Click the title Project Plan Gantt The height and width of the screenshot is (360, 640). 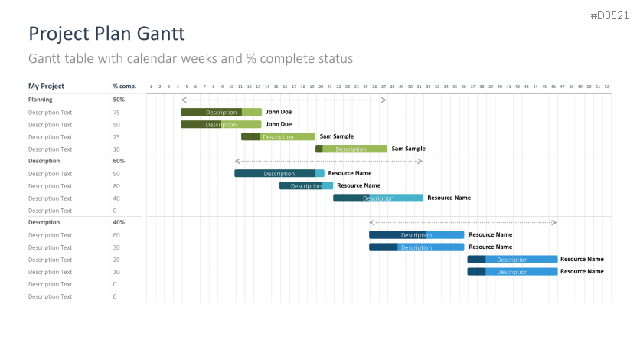click(x=106, y=34)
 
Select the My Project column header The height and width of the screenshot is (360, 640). click(x=47, y=87)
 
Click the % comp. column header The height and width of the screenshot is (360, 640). click(x=124, y=87)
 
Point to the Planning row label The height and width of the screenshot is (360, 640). click(x=41, y=100)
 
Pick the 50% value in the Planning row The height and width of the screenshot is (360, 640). click(x=119, y=100)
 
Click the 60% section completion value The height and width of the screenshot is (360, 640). click(x=119, y=161)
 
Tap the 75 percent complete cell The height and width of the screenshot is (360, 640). click(x=116, y=112)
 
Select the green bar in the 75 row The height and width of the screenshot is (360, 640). click(x=221, y=112)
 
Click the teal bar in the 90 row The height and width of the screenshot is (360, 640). click(x=279, y=173)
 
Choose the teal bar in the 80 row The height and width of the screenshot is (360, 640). click(x=305, y=185)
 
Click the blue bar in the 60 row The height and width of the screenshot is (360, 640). click(x=416, y=234)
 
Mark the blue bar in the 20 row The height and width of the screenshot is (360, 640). click(x=512, y=259)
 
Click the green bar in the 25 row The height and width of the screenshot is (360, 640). click(x=278, y=136)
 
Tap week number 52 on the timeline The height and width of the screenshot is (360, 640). click(x=607, y=87)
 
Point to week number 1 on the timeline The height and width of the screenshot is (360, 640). click(x=151, y=87)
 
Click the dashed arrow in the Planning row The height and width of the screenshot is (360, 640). click(x=283, y=100)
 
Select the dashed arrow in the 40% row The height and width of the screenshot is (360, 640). click(x=462, y=222)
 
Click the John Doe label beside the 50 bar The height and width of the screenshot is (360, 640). click(x=279, y=124)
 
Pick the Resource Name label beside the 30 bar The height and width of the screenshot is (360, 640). click(x=491, y=247)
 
